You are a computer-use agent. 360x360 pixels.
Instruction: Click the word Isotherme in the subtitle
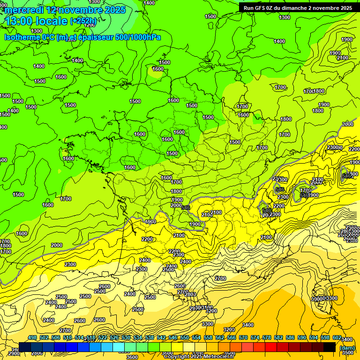point(22,37)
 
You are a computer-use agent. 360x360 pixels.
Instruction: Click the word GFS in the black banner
point(262,8)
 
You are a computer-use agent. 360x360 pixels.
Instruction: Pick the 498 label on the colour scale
point(32,338)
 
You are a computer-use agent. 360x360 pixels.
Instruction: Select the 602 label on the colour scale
point(337,338)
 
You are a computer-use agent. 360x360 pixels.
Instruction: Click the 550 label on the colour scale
point(185,338)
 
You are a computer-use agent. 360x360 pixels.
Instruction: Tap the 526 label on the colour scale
point(114,338)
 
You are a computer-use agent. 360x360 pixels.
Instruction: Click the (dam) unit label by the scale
point(347,348)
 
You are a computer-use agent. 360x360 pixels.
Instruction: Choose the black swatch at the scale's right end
point(330,347)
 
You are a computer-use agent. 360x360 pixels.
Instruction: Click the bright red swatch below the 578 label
point(271,347)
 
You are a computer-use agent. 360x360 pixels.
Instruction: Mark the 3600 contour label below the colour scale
point(133,357)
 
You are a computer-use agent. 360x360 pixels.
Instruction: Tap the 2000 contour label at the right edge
point(348,124)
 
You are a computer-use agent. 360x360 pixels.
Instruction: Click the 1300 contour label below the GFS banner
point(285,17)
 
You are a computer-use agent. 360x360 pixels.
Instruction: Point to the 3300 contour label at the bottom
point(208,324)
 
